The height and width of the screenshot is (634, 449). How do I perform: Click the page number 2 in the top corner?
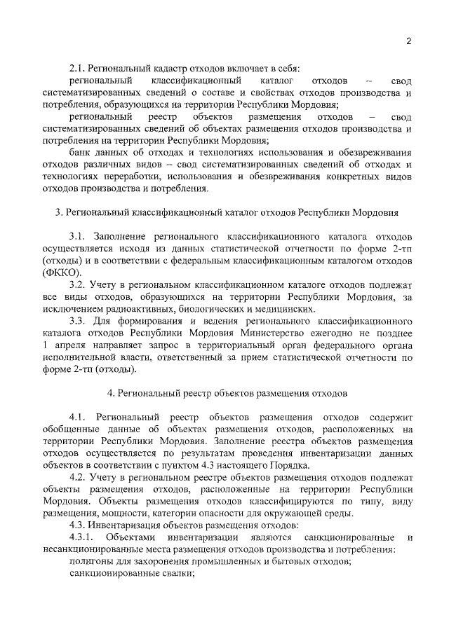pos(408,41)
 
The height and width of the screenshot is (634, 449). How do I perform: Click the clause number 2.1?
pos(76,68)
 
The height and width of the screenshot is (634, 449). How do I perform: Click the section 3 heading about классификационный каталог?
pos(227,212)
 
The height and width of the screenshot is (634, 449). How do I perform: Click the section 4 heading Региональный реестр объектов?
pos(227,393)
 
